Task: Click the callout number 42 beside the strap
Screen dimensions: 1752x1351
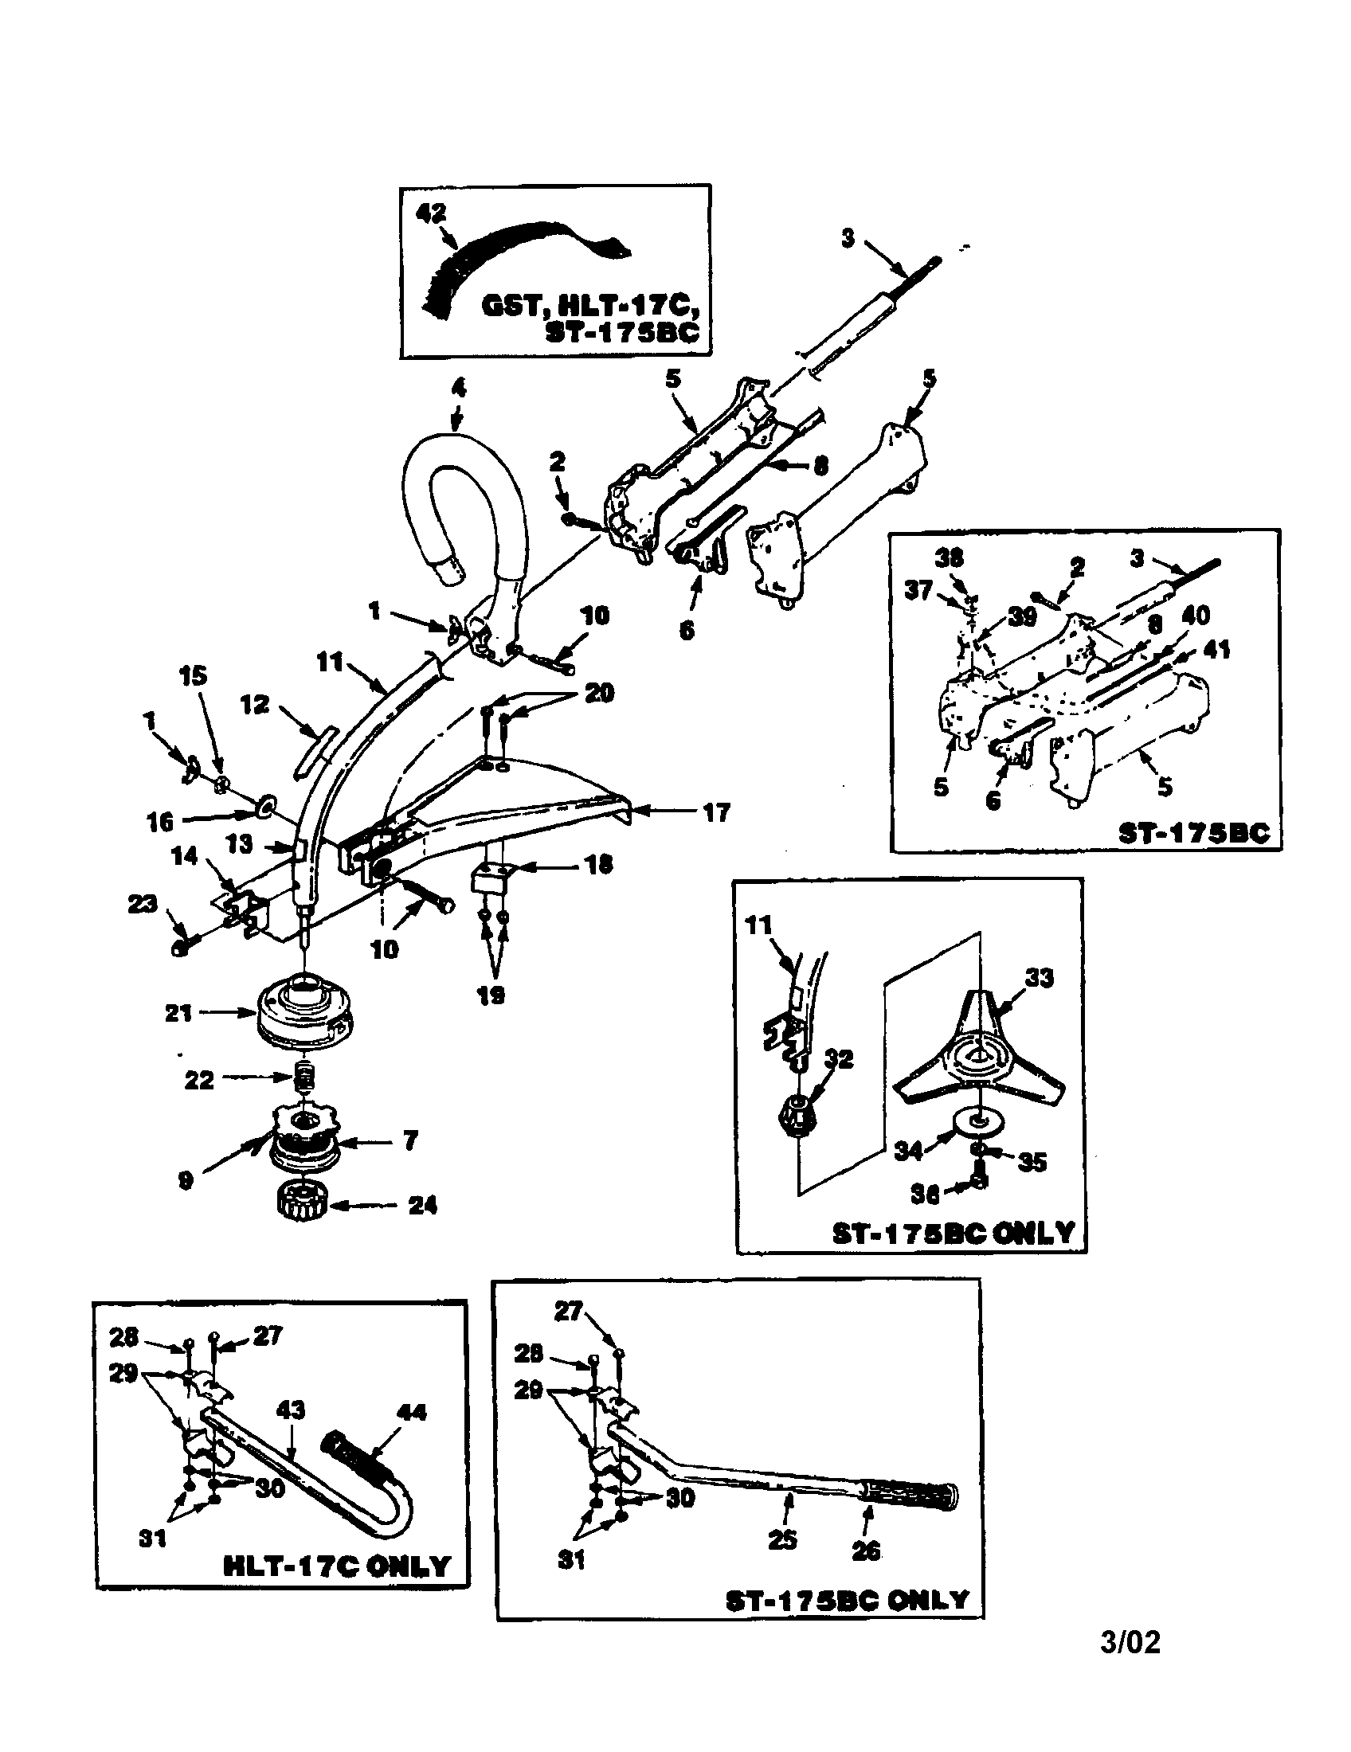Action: pos(431,213)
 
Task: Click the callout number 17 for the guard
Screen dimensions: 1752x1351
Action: pos(715,811)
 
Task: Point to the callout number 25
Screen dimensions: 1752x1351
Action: pos(782,1538)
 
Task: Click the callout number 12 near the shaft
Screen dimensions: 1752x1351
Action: pos(255,705)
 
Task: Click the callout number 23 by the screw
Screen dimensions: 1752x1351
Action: pos(143,904)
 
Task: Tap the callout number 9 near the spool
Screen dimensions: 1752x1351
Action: pos(186,1181)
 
